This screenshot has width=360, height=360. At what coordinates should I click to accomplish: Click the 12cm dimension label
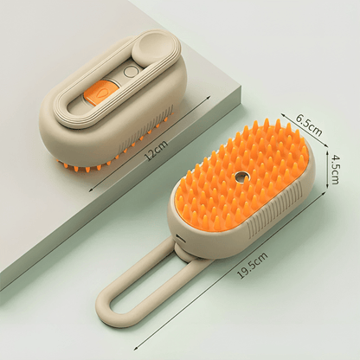click(157, 151)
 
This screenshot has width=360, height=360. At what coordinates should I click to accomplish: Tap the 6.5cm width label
click(309, 125)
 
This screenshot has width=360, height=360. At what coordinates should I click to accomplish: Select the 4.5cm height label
click(335, 170)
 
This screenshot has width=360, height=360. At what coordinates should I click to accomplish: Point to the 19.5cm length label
click(252, 266)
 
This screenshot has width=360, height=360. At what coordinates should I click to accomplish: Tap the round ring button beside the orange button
click(130, 72)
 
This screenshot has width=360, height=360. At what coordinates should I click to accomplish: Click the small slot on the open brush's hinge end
click(180, 238)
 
